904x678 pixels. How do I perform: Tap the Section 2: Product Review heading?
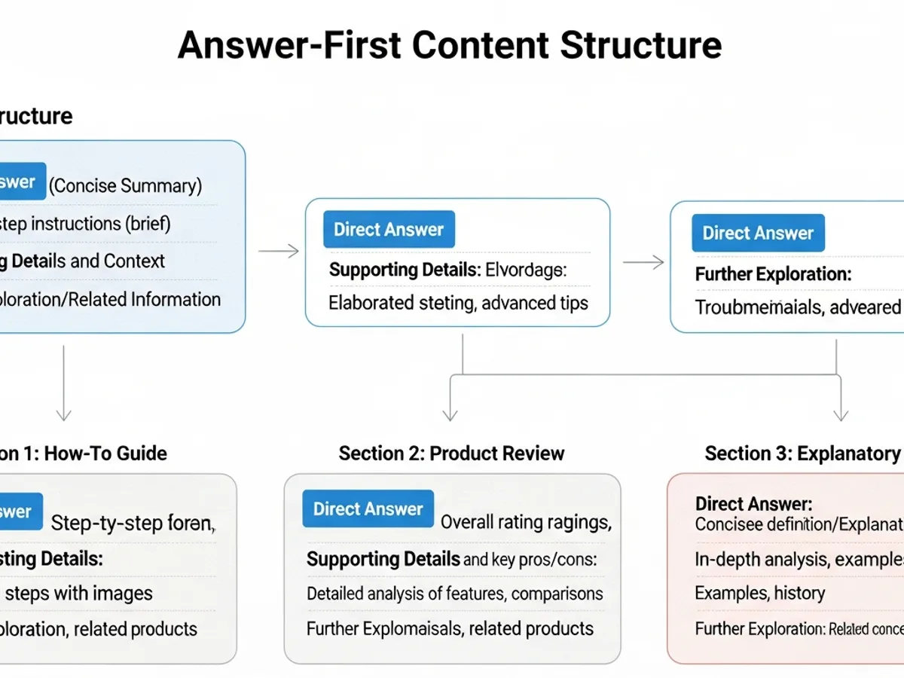(x=451, y=454)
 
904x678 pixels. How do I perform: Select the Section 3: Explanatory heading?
(x=802, y=454)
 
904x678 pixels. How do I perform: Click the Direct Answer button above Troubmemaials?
(x=758, y=233)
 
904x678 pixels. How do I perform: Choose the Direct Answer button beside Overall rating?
(x=368, y=509)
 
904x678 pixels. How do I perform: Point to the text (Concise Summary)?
(x=126, y=185)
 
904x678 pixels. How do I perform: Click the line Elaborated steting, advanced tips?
(x=458, y=303)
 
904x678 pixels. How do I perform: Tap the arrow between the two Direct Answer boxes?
(x=644, y=261)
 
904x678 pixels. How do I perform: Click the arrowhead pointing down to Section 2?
(x=450, y=414)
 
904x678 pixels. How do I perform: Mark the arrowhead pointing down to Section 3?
(x=841, y=414)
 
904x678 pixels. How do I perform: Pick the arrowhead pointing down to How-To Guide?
(x=64, y=414)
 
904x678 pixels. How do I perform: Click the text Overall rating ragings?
(x=525, y=522)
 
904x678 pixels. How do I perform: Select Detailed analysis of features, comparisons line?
(x=454, y=594)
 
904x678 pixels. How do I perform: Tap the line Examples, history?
(x=759, y=593)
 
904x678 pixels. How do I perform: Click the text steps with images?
(x=79, y=593)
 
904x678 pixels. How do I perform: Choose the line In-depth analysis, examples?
(x=799, y=559)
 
